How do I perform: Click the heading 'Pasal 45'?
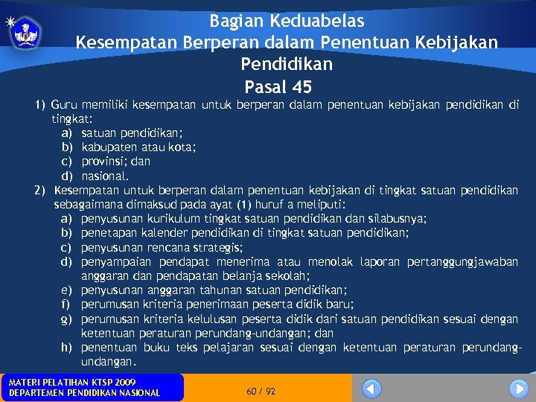point(277,86)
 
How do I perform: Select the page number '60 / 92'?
point(261,391)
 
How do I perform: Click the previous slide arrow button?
point(371,389)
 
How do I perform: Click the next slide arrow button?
point(518,389)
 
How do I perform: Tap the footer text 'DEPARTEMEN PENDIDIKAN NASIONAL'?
point(84,393)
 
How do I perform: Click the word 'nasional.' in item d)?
point(105,176)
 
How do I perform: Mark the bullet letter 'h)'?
point(67,348)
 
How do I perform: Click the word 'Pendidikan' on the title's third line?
point(287,65)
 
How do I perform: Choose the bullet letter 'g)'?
point(67,319)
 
